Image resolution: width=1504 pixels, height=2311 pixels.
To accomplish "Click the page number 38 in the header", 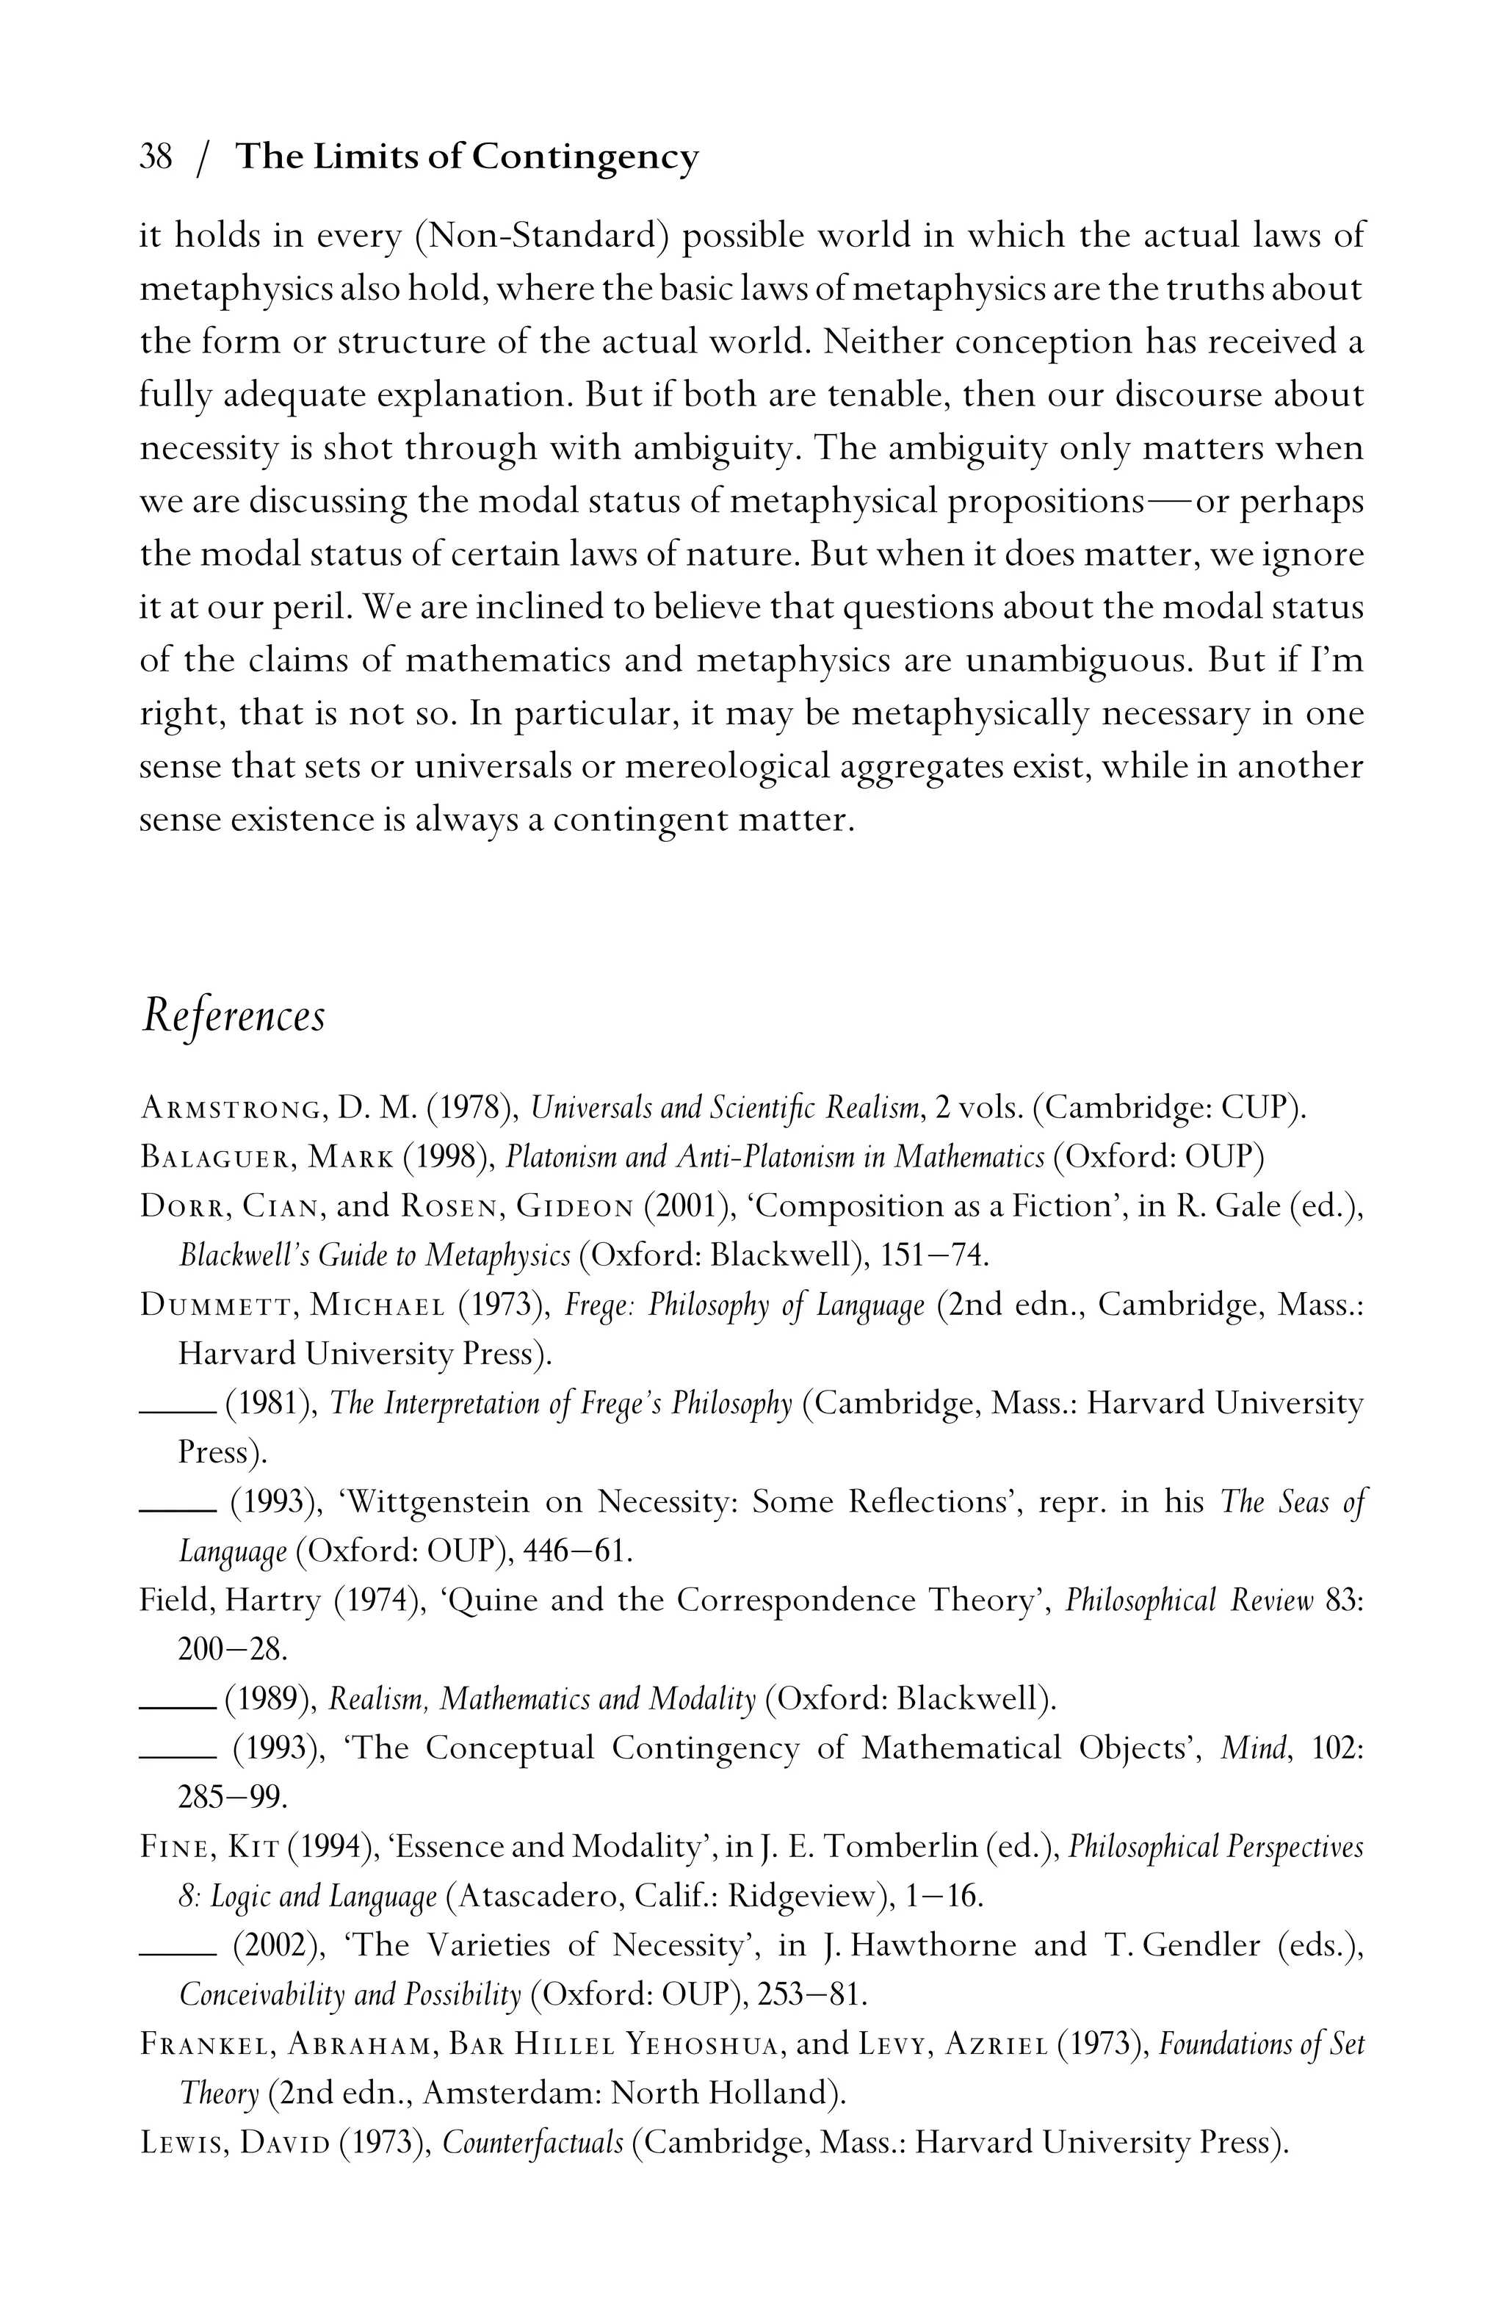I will [156, 156].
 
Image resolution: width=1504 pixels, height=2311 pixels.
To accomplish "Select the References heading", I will [233, 1017].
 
